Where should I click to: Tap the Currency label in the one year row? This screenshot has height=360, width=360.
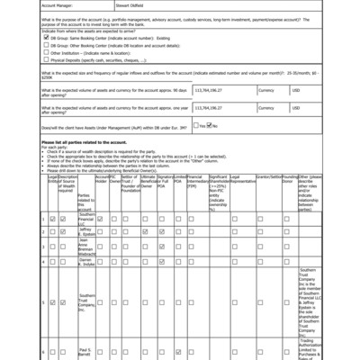pyautogui.click(x=265, y=135)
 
